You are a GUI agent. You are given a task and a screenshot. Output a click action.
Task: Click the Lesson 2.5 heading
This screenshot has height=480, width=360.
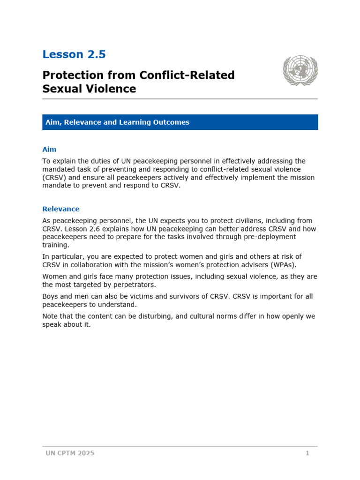coord(74,54)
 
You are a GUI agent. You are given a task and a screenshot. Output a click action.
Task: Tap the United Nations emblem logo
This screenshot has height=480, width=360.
coord(300,70)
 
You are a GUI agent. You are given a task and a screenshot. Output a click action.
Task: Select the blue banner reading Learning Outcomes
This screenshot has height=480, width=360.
coord(180,122)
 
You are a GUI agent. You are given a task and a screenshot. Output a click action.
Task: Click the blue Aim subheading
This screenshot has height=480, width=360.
coord(49,149)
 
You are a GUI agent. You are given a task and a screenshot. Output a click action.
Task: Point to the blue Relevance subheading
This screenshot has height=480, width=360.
coord(61,209)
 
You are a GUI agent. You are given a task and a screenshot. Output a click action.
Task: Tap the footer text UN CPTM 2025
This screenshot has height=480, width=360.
coord(70,453)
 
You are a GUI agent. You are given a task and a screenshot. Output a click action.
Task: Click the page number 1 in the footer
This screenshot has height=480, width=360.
coord(307,453)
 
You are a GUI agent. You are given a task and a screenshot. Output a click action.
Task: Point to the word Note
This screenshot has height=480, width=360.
coord(50,316)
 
